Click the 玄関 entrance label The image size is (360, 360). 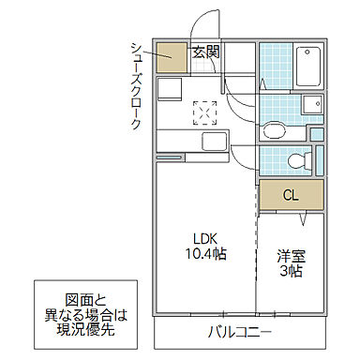point(205,52)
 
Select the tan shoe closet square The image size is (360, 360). point(172,58)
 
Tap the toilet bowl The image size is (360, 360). point(299,160)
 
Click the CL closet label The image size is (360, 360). point(292,195)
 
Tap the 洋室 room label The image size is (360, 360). point(289,254)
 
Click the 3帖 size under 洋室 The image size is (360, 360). point(289,271)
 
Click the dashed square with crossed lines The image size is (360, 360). point(204,112)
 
